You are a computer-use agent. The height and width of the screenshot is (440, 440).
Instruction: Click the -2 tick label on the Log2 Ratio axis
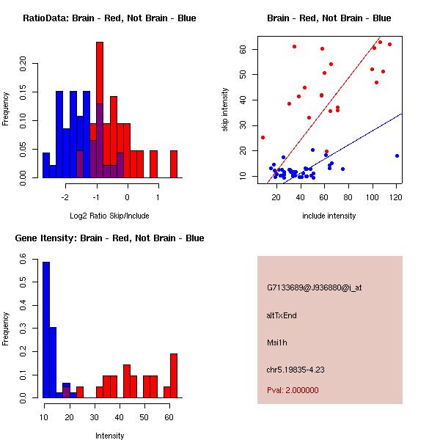pyautogui.click(x=65, y=197)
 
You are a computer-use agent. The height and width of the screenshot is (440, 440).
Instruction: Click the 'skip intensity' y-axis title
pyautogui.click(x=226, y=110)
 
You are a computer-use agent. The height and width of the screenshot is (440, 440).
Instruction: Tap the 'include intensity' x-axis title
pyautogui.click(x=329, y=216)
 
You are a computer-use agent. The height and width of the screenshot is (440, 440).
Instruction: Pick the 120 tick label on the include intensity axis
pyautogui.click(x=396, y=197)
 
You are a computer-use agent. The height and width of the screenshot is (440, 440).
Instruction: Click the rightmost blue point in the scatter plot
pyautogui.click(x=397, y=155)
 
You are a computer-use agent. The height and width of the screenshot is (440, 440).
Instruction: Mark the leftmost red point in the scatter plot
pyautogui.click(x=263, y=137)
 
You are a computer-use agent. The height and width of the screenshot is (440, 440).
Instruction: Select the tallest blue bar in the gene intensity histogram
pyautogui.click(x=46, y=329)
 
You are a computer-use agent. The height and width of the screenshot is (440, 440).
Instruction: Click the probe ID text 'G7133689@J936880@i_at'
pyautogui.click(x=315, y=287)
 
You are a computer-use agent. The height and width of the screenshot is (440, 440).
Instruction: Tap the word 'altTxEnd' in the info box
pyautogui.click(x=282, y=315)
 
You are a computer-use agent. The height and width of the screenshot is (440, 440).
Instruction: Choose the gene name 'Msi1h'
pyautogui.click(x=277, y=342)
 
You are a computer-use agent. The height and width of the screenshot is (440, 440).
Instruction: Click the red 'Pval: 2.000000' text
pyautogui.click(x=293, y=390)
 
